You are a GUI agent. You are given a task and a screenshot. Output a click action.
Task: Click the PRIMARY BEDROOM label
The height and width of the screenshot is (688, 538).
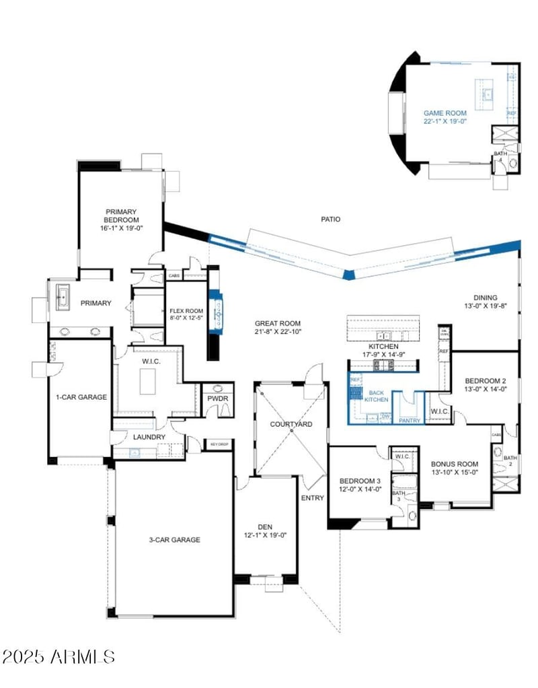(x=121, y=215)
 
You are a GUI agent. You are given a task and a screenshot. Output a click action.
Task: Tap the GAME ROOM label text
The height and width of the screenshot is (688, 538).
(x=445, y=113)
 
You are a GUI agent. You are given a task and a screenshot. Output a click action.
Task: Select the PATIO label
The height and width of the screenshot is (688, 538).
(x=330, y=219)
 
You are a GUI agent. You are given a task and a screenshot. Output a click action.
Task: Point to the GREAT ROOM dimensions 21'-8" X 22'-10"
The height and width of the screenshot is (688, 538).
(x=277, y=331)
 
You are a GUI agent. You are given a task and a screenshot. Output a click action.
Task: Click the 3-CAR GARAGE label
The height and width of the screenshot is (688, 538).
(x=174, y=539)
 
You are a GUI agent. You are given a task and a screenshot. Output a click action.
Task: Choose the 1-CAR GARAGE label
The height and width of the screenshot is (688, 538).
(x=81, y=397)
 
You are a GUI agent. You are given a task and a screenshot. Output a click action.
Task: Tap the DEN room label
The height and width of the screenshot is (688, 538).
(x=265, y=527)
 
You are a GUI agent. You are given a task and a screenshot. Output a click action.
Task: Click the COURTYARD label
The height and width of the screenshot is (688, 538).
(x=291, y=425)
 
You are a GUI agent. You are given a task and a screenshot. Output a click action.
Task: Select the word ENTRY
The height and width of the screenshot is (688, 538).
(x=312, y=498)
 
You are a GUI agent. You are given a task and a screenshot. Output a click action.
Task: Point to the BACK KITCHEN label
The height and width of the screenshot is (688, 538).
(x=377, y=396)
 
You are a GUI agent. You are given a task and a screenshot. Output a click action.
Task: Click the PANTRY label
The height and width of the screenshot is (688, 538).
(x=410, y=421)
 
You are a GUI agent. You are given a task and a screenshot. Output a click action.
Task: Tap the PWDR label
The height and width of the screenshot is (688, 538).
(x=217, y=417)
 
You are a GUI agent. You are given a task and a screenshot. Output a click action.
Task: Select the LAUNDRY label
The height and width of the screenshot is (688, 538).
(x=149, y=437)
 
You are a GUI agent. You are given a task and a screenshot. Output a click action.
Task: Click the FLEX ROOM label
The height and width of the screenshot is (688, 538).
(x=186, y=311)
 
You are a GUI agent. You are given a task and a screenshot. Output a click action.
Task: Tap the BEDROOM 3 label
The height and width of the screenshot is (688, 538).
(x=359, y=481)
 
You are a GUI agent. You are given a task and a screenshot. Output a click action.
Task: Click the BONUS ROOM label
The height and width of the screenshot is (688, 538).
(x=455, y=464)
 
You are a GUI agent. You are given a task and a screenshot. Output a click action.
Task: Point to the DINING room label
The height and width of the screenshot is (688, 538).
(x=485, y=298)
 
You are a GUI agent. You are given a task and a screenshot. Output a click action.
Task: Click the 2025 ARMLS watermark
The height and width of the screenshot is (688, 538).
(x=59, y=656)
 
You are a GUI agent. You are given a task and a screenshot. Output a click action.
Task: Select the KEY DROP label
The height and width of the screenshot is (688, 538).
(x=220, y=444)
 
